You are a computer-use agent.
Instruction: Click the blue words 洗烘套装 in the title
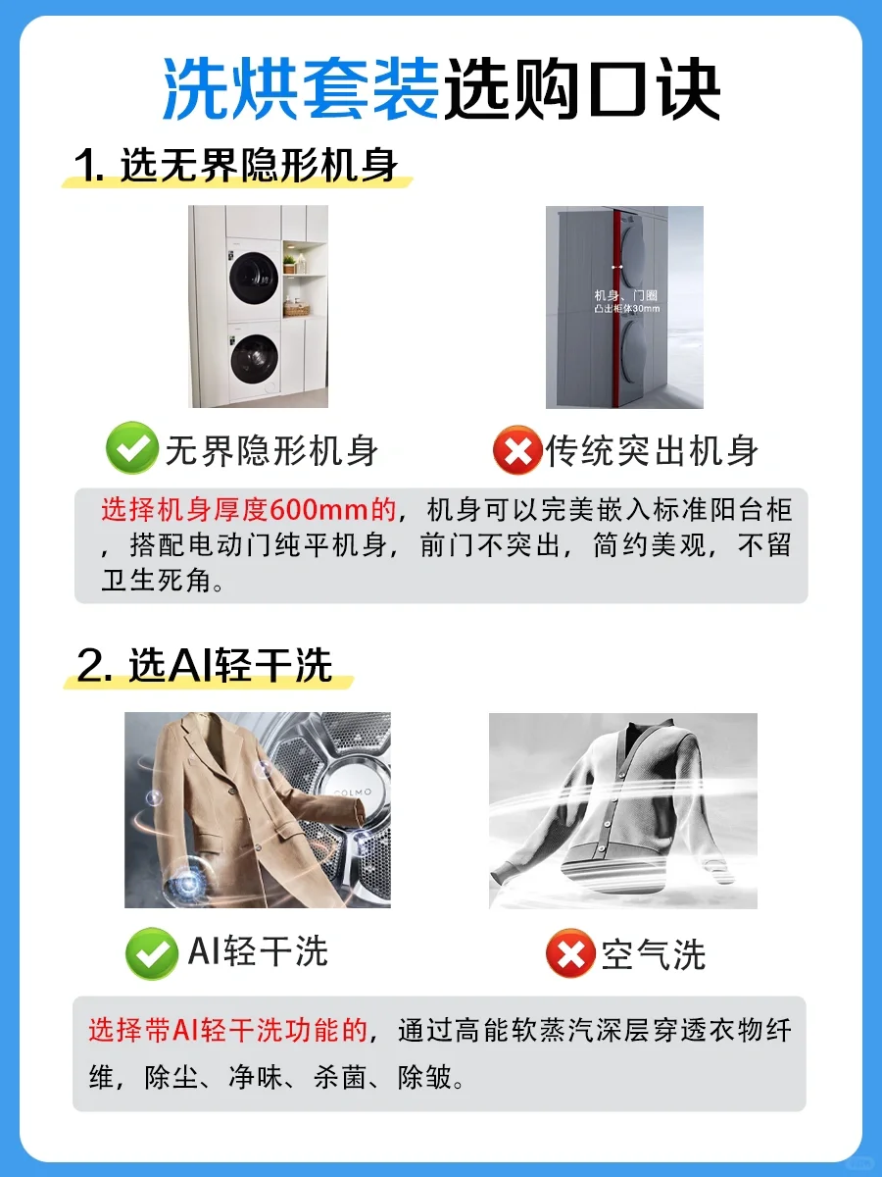point(302,88)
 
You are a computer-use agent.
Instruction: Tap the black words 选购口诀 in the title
point(581,88)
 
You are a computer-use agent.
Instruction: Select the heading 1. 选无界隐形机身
point(236,165)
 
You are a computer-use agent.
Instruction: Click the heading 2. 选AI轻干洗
point(205,665)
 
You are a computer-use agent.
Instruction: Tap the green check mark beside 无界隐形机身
point(131,448)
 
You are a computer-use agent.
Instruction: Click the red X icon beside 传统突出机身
point(517,450)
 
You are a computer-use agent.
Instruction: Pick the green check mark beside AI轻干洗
point(152,954)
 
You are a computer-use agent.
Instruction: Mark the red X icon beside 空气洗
point(570,953)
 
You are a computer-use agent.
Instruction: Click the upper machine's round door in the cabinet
point(254,278)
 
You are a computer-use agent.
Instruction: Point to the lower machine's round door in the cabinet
point(255,359)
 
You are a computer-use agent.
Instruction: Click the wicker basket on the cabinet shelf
point(297,309)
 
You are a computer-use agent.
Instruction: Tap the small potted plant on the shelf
point(289,263)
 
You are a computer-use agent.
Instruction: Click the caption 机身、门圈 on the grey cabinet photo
point(625,295)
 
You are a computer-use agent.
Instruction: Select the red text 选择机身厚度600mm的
point(249,510)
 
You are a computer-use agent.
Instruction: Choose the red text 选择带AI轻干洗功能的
point(228,1031)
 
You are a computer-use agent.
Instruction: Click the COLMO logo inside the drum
point(353,792)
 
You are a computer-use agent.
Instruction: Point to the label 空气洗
point(654,955)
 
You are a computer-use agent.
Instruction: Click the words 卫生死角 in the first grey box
point(157,581)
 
